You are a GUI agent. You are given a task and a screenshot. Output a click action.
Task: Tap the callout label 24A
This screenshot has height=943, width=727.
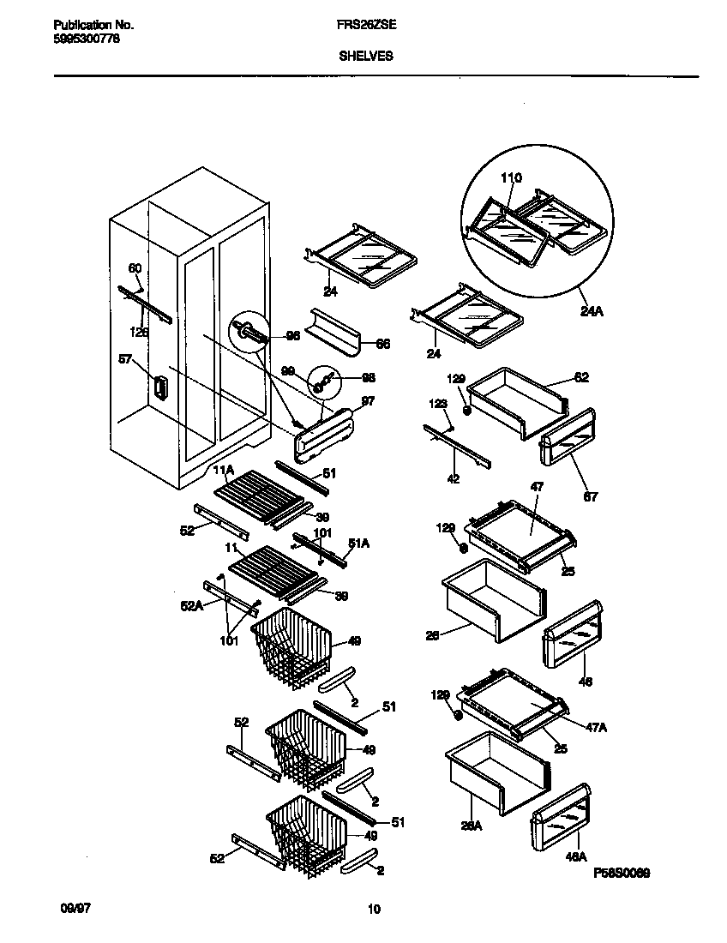click(x=592, y=311)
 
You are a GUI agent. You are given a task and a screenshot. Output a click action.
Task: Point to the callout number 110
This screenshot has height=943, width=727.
click(x=511, y=178)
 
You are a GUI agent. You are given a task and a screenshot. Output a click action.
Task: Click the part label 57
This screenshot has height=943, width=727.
click(x=126, y=360)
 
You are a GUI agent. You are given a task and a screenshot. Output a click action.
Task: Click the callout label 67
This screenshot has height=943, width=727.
click(x=591, y=496)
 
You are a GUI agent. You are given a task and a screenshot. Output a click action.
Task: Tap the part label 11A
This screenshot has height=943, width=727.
click(x=223, y=471)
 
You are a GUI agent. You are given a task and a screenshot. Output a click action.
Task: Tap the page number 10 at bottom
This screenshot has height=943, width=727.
click(x=373, y=910)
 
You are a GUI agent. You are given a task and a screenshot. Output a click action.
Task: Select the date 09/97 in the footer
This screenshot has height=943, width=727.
click(x=75, y=905)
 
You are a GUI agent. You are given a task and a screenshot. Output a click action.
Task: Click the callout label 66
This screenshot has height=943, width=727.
click(x=382, y=344)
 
